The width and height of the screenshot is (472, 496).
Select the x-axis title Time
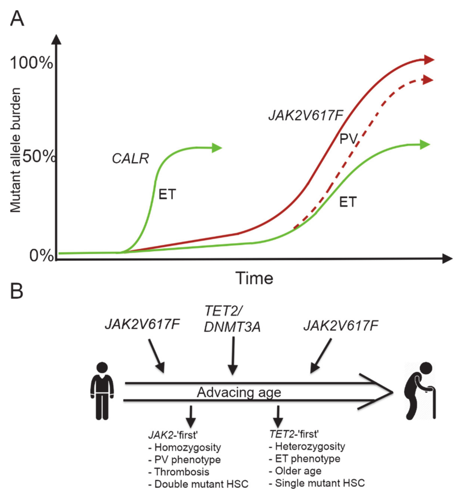point(254,279)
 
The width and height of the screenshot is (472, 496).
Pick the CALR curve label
point(130,159)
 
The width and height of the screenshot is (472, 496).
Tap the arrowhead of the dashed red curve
point(428,80)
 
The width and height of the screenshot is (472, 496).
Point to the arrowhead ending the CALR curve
point(217,148)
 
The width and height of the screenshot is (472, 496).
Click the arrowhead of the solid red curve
point(429,60)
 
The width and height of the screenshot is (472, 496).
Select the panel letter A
point(17,19)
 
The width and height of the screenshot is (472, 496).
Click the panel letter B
point(17,292)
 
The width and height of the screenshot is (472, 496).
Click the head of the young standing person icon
point(102,368)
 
